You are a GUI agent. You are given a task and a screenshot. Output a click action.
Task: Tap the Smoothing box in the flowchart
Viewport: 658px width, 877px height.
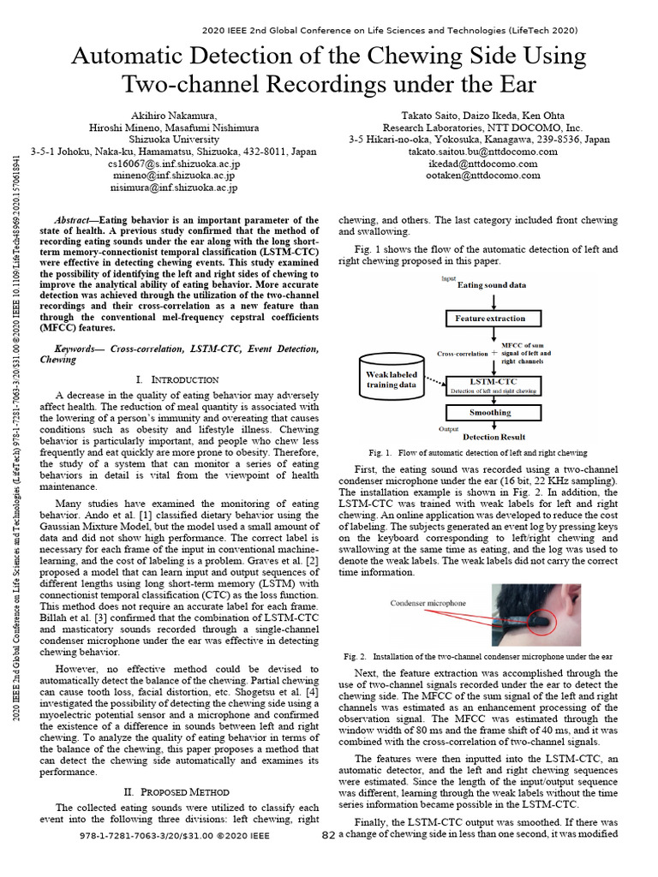tap(491, 413)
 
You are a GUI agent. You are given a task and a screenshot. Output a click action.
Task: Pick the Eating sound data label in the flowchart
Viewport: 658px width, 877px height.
tap(492, 283)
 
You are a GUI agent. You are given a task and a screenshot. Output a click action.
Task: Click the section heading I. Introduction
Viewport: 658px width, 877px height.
tap(177, 379)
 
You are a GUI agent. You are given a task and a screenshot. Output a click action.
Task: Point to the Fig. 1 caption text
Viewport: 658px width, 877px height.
tap(478, 452)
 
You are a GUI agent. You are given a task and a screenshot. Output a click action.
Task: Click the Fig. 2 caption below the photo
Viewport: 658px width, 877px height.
tap(478, 656)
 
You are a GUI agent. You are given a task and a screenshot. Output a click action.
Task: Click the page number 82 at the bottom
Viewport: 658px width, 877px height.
tap(328, 834)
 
